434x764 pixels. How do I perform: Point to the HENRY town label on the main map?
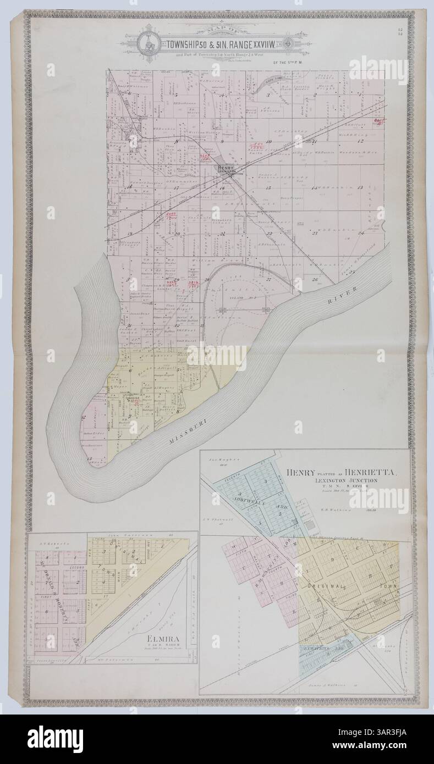point(226,169)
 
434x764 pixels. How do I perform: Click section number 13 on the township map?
point(361,188)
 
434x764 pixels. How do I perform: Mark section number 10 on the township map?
point(268,142)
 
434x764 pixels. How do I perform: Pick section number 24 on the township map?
point(361,232)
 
